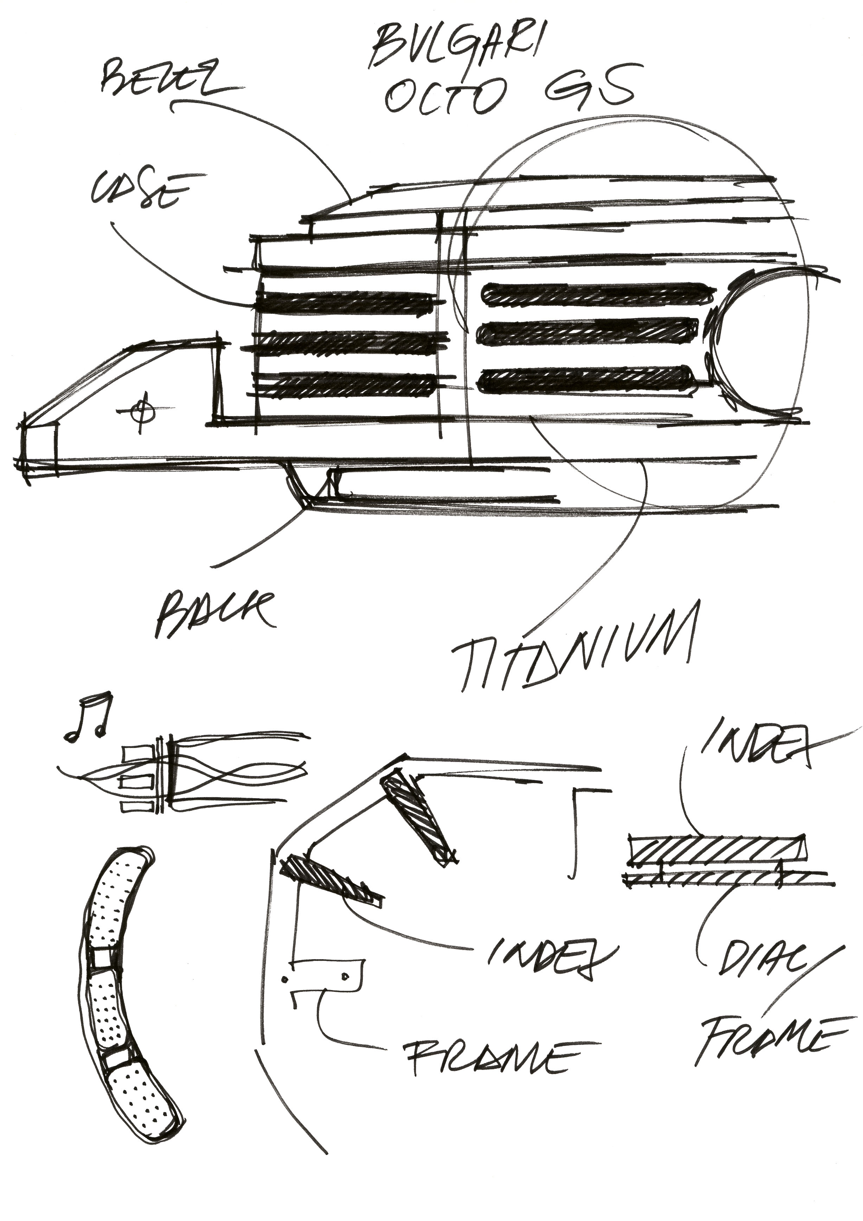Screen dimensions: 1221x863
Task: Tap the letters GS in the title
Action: [x=590, y=88]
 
